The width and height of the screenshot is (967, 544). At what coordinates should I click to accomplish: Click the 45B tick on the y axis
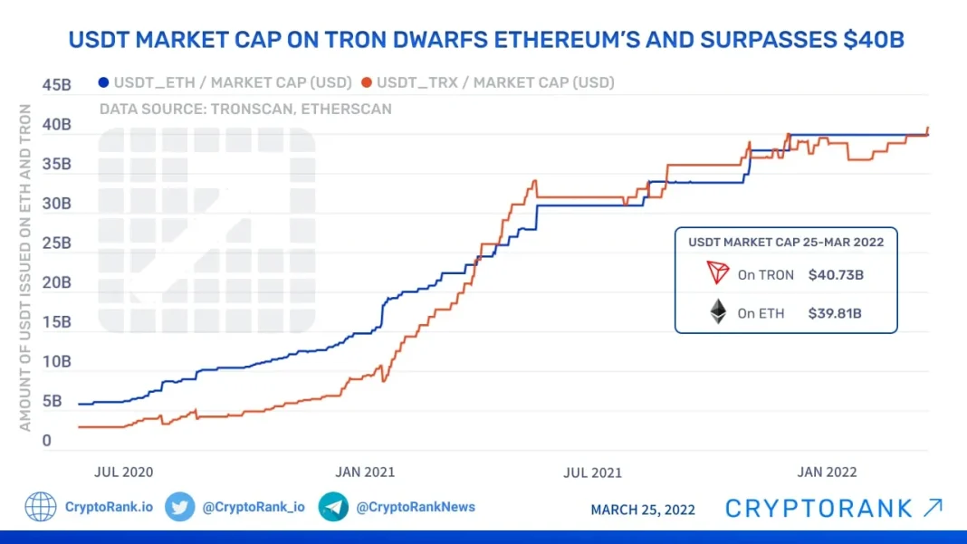[56, 85]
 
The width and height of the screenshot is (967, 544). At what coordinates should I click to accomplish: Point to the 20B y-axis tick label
[56, 282]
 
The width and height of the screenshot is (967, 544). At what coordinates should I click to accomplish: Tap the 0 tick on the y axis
[46, 441]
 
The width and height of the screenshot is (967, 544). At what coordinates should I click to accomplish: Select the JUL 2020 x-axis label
[124, 472]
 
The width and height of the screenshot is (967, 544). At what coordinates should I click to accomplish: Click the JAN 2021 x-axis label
[365, 472]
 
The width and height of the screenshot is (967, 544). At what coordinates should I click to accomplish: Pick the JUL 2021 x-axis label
[592, 472]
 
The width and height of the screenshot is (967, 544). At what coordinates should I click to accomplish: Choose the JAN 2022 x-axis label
[826, 472]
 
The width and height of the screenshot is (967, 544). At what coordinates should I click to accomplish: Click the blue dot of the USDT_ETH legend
[103, 82]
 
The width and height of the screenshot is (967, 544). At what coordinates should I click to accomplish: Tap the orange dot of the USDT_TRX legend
[366, 82]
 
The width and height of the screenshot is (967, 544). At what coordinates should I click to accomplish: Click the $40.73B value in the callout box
[836, 274]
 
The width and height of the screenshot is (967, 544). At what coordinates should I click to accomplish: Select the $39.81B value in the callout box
[836, 313]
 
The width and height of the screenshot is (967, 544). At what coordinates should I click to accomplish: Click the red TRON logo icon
[718, 272]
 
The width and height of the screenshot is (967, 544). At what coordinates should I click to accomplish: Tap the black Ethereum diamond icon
[718, 312]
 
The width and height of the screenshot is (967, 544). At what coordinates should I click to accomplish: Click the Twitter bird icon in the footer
[180, 507]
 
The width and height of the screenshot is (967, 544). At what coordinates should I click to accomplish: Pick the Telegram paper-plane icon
[333, 507]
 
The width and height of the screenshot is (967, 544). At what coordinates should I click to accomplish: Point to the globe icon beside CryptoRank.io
[41, 507]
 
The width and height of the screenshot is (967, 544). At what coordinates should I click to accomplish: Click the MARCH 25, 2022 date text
[643, 510]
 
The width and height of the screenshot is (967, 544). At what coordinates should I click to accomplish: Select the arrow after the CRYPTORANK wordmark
[933, 508]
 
